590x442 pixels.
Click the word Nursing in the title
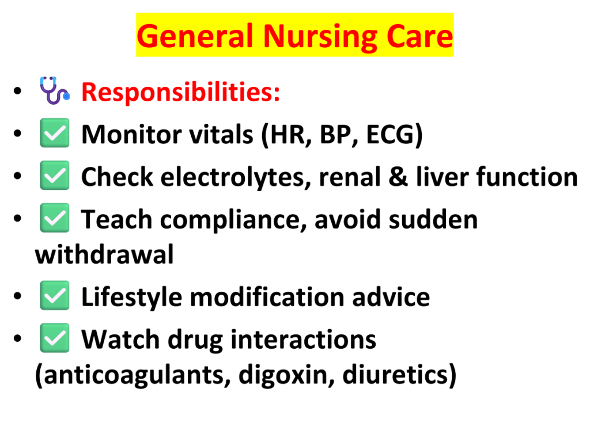pos(320,37)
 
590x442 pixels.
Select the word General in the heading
pos(196,36)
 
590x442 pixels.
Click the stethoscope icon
pos(55,90)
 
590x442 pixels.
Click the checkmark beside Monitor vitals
pos(55,133)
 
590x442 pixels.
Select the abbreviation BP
pos(334,134)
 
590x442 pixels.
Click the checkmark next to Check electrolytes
pos(55,175)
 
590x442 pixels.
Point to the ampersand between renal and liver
pos(398,177)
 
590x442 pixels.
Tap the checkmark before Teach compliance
pos(55,218)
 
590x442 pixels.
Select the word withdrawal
pos(104,254)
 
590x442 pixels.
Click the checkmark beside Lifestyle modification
pos(55,295)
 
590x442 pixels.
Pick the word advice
pos(391,297)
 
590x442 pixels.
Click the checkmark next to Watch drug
pos(55,338)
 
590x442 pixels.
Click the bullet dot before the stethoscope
pos(17,90)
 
